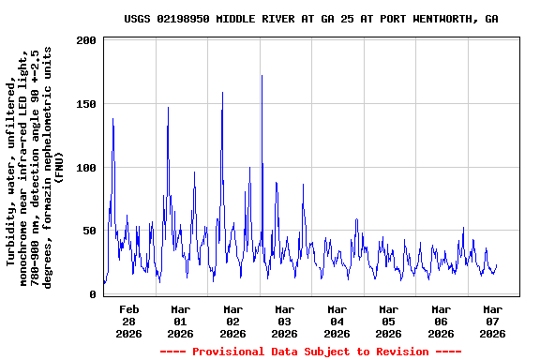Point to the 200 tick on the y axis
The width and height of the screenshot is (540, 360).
click(x=87, y=41)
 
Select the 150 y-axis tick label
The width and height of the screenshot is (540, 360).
click(x=87, y=105)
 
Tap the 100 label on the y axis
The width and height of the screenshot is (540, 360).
click(x=87, y=168)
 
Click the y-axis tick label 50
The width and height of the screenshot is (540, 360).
click(x=90, y=232)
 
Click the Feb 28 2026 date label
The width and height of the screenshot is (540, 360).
click(x=128, y=321)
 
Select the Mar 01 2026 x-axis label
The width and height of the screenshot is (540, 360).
click(x=180, y=321)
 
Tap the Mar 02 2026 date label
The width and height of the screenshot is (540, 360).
click(x=232, y=321)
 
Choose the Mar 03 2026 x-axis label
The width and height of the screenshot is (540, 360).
click(x=284, y=321)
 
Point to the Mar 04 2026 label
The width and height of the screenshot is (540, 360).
click(x=337, y=321)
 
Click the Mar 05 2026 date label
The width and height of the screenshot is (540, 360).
click(x=388, y=321)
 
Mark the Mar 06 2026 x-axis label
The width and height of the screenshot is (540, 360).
click(x=441, y=321)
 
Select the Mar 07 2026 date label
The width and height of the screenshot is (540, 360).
click(x=492, y=321)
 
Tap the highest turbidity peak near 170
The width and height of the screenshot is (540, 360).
click(x=262, y=76)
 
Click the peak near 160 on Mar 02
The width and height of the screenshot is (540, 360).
click(x=222, y=93)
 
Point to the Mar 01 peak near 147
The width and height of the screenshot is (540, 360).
click(x=168, y=108)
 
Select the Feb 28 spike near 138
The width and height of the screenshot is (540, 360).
click(x=112, y=119)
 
